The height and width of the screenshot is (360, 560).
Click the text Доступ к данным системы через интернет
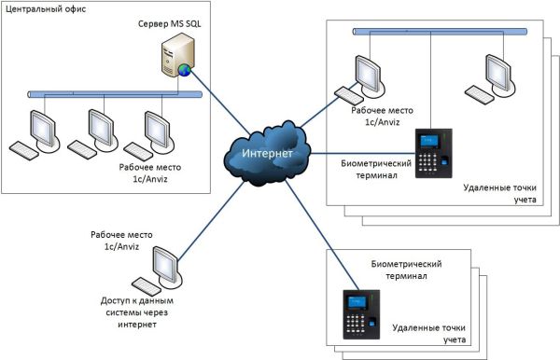click(137, 313)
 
